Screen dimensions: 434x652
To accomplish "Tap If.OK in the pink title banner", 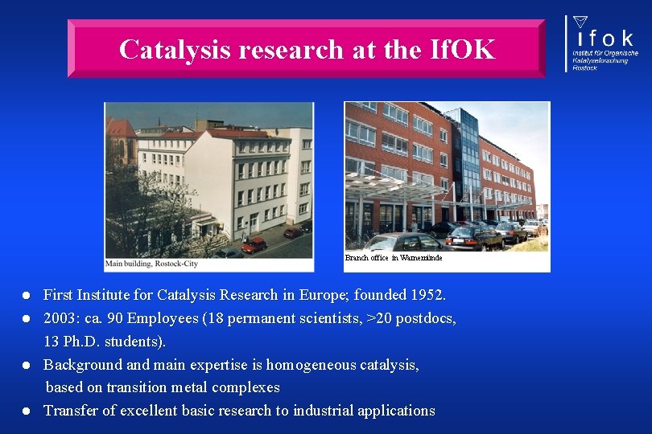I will [x=462, y=50].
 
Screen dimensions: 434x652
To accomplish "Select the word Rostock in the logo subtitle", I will [x=585, y=68].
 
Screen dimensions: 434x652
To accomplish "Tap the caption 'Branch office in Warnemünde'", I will [x=394, y=258].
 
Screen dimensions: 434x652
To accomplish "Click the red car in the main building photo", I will [x=254, y=244].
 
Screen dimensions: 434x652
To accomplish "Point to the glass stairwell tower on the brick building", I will [x=468, y=161].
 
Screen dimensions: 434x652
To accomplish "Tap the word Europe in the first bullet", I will [x=324, y=296].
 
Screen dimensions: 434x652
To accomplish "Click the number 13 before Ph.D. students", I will [x=52, y=342].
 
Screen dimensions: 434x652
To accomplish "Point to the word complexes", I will [x=249, y=387].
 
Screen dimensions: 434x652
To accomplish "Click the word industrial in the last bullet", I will [x=324, y=411].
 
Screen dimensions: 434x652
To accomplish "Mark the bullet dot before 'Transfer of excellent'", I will [x=27, y=411].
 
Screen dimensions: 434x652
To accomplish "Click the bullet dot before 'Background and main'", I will [x=27, y=365].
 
